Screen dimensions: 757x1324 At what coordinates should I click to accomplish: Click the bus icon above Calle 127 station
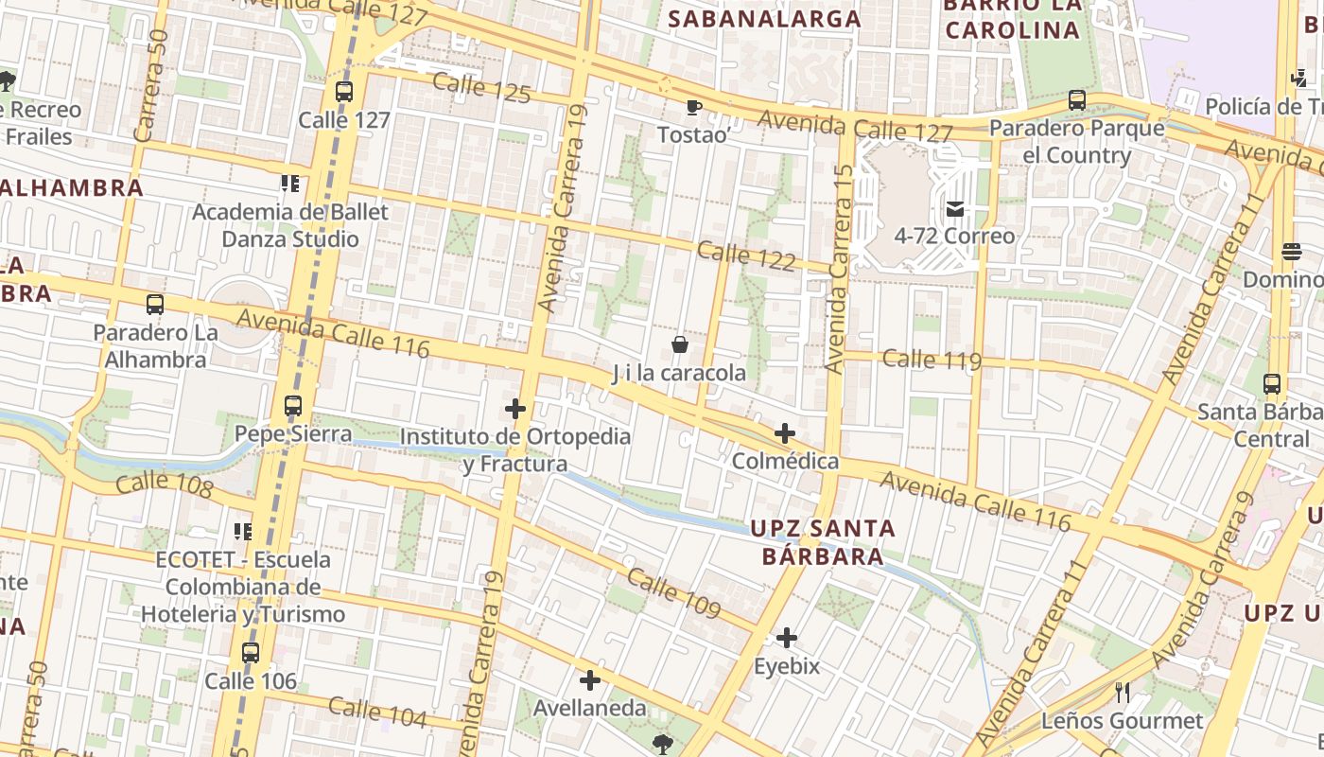tap(344, 92)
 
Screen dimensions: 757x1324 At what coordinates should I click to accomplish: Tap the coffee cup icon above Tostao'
tap(693, 107)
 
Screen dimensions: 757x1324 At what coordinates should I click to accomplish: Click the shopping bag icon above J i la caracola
tap(679, 344)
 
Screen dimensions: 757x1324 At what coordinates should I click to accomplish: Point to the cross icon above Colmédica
tap(785, 433)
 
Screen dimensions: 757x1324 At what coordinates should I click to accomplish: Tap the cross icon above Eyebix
tap(787, 638)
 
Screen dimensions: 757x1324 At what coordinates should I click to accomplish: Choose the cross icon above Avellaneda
tap(590, 680)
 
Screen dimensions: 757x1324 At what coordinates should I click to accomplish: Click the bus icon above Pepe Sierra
tap(293, 407)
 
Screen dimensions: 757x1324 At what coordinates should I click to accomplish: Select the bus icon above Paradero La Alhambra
tap(155, 305)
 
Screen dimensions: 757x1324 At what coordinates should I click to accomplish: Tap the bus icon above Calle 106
tap(251, 653)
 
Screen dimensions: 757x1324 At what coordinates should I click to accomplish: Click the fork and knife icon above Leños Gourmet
tap(1123, 693)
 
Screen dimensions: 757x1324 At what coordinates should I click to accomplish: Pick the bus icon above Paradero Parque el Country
tap(1076, 99)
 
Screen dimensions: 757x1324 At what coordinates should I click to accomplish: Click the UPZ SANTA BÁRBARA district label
tap(823, 542)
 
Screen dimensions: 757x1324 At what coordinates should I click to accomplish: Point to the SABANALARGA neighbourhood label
tap(765, 19)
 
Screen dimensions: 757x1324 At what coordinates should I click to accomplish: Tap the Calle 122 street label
tap(746, 256)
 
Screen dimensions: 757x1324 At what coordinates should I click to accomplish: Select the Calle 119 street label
tap(932, 360)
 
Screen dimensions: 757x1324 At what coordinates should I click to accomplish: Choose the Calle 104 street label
tap(377, 712)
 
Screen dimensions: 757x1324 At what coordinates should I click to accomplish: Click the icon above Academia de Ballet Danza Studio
tap(289, 183)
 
